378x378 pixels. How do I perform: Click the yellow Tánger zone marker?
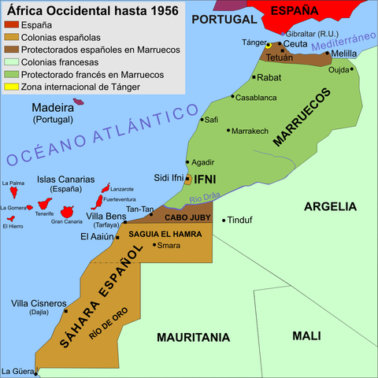(268, 45)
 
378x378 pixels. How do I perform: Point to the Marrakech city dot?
(228, 130)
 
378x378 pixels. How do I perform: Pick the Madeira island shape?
(78, 102)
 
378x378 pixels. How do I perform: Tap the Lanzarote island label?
(122, 189)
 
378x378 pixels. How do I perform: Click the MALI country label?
(306, 335)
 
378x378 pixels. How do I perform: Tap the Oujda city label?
(338, 70)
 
